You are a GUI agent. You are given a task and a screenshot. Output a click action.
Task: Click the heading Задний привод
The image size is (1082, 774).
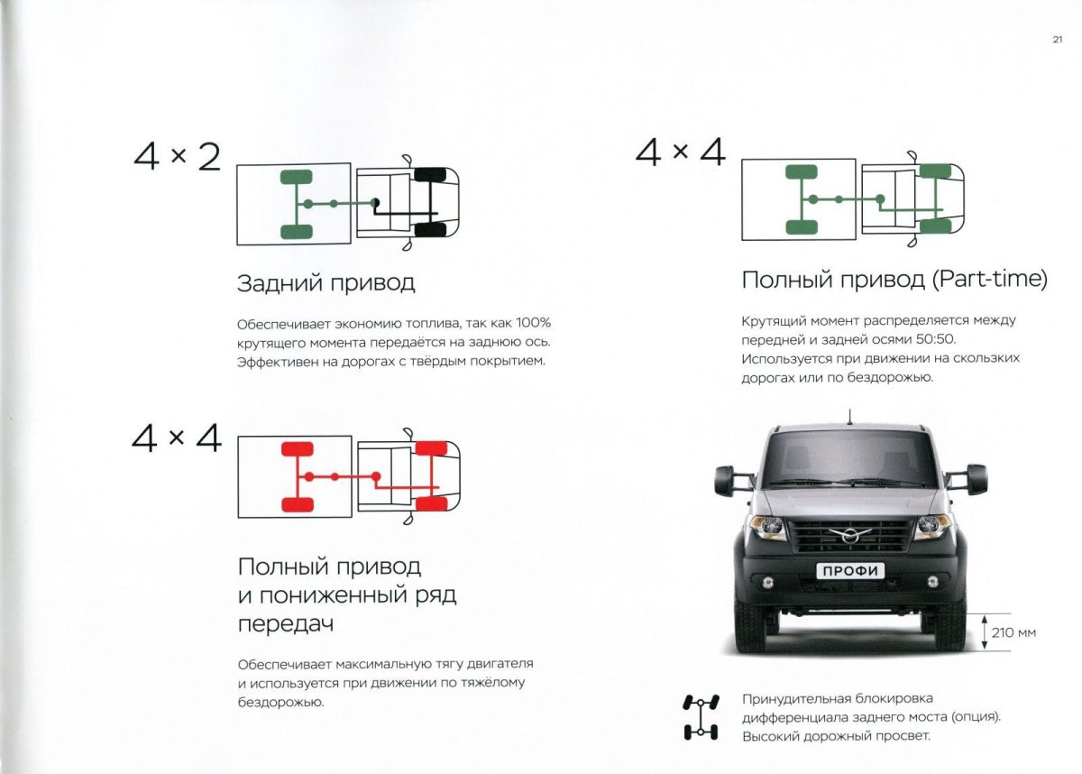pyautogui.click(x=326, y=283)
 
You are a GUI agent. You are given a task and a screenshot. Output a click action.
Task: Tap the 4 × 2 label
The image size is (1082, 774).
pyautogui.click(x=177, y=157)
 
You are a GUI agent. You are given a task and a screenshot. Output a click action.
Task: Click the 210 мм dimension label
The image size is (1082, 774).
pyautogui.click(x=1013, y=632)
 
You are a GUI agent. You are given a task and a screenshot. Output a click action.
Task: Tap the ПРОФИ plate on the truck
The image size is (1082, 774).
pyautogui.click(x=850, y=570)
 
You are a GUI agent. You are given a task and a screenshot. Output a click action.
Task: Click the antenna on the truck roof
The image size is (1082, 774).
pyautogui.click(x=848, y=418)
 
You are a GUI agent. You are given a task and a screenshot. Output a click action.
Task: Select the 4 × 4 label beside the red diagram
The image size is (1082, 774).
pyautogui.click(x=177, y=438)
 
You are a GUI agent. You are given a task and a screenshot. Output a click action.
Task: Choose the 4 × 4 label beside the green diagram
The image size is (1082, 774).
pyautogui.click(x=680, y=152)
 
